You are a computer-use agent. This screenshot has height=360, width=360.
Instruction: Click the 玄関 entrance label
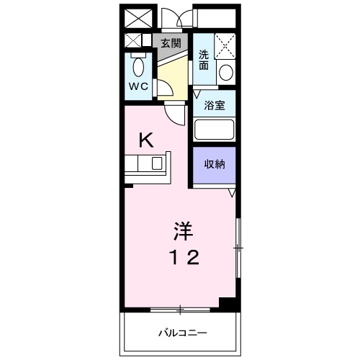point(171,43)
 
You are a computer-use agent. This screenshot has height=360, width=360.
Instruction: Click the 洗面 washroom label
point(204,60)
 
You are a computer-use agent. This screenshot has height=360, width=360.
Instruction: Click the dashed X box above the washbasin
point(225,47)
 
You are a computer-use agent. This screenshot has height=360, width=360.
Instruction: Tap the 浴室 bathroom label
point(215,106)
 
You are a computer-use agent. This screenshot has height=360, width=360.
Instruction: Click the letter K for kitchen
point(146,140)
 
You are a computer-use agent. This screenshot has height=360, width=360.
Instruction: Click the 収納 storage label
point(215,164)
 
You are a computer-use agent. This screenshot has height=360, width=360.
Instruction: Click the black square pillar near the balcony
point(228,305)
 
